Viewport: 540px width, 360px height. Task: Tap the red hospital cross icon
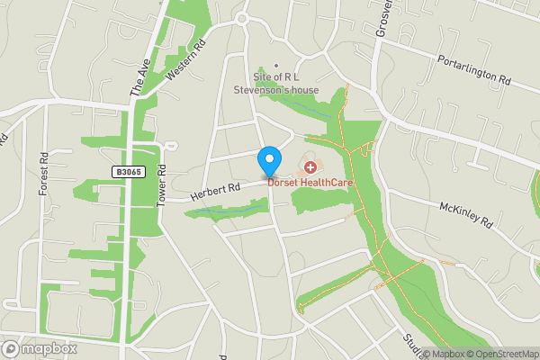pyautogui.click(x=310, y=166)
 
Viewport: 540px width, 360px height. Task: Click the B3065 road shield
pyautogui.click(x=128, y=171)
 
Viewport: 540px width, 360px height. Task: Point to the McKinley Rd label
pyautogui.click(x=468, y=214)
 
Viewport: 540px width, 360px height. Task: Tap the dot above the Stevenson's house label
pyautogui.click(x=276, y=65)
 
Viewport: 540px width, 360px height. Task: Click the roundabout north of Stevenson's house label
pyautogui.click(x=241, y=18)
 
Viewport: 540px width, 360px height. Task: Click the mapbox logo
pyautogui.click(x=40, y=348)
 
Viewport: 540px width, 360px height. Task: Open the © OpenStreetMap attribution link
pyautogui.click(x=502, y=354)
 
